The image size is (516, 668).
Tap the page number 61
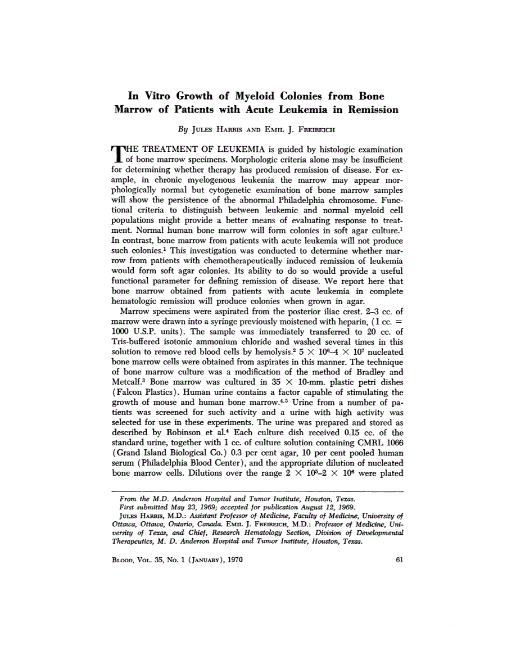pyautogui.click(x=399, y=559)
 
